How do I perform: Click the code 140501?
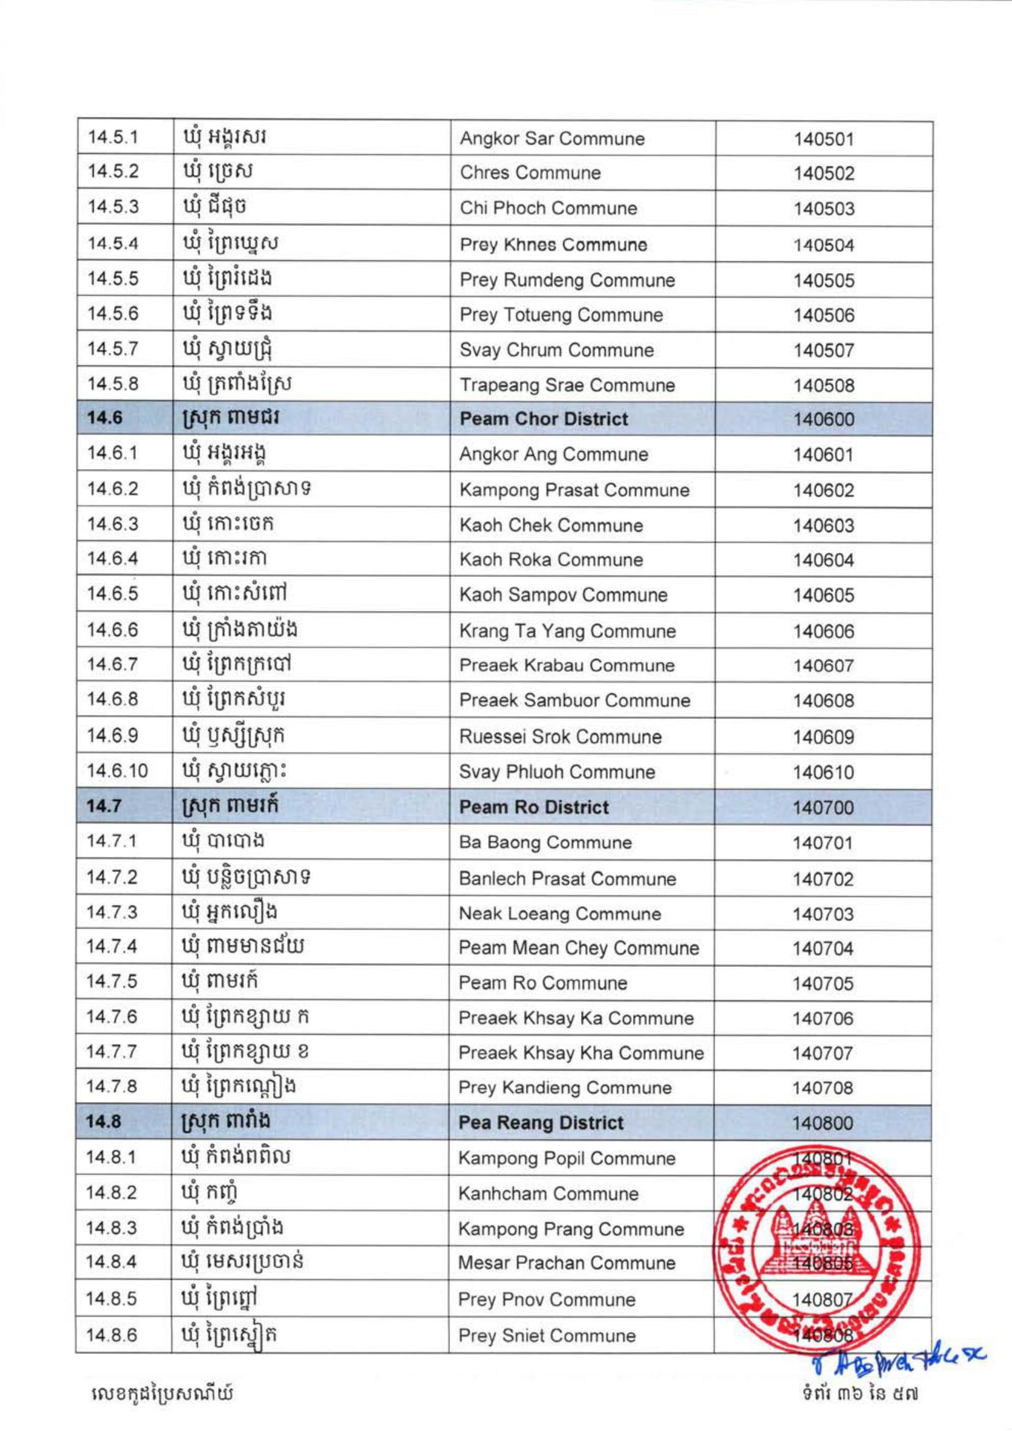tap(823, 139)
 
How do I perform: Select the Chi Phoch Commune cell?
tap(549, 208)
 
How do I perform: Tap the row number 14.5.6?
tap(113, 314)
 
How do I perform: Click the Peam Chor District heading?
tap(544, 419)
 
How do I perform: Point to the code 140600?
tap(823, 419)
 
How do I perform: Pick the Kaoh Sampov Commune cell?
tap(563, 595)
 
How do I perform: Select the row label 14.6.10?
tap(117, 772)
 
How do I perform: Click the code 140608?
tap(823, 701)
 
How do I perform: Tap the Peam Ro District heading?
tap(533, 807)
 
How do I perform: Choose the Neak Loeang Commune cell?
tap(560, 914)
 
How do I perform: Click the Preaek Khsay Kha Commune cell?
tap(581, 1053)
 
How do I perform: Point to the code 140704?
tap(823, 948)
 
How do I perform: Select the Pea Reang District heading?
tap(540, 1122)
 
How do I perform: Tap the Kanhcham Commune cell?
tap(549, 1193)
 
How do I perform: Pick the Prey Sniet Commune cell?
tap(547, 1335)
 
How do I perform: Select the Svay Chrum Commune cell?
tap(557, 350)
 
